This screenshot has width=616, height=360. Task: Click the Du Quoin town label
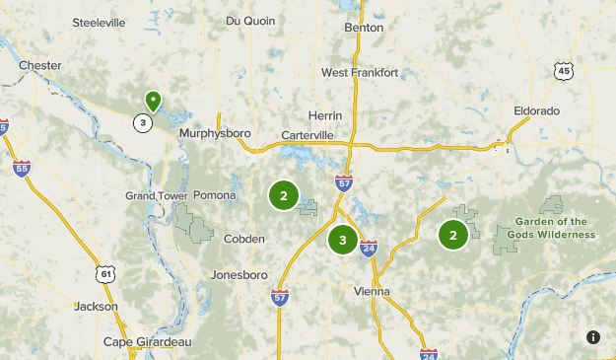point(246,20)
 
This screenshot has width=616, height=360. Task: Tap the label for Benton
point(363,28)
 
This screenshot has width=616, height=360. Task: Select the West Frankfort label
point(360,73)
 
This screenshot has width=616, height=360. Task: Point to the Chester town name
point(40,66)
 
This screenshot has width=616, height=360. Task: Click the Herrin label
point(324,115)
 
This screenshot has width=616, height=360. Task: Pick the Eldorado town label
point(536,110)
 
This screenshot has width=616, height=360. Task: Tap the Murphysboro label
point(215,133)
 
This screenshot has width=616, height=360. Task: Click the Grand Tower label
point(156,195)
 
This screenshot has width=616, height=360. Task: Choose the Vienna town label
point(372,291)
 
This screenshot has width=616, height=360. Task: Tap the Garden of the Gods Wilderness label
point(551,228)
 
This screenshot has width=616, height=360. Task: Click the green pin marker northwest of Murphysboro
point(153,101)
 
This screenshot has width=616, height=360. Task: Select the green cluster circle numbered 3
point(342,240)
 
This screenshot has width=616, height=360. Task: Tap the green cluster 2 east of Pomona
point(284,195)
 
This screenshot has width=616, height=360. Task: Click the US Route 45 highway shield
point(563,70)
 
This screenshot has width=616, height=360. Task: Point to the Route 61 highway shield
point(106,273)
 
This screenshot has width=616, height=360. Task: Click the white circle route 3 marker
point(144,122)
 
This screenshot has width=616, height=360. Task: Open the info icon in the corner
point(593,337)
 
